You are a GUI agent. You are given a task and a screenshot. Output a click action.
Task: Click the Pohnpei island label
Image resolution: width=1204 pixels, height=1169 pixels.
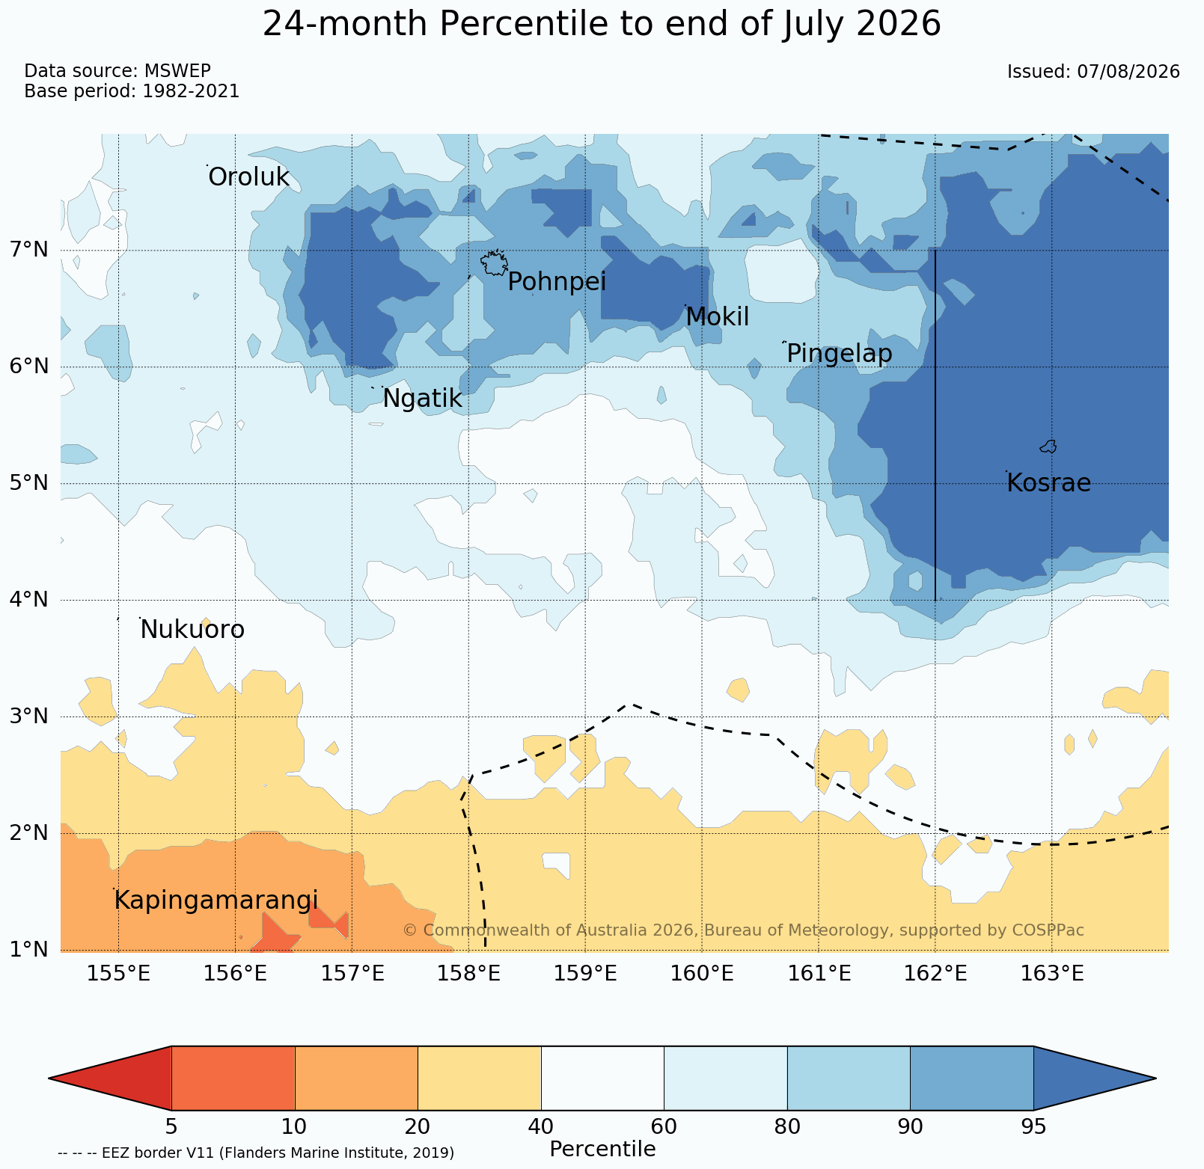coord(557,283)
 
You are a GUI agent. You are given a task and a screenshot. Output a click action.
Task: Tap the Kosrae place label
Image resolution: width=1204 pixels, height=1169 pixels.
coord(1048,483)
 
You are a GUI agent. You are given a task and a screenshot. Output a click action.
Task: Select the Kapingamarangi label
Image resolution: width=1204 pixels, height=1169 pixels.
coord(216,901)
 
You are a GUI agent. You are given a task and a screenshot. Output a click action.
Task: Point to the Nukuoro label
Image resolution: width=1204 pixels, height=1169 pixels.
coord(192,630)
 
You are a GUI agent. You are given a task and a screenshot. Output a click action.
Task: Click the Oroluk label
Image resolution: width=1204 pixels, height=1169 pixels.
coord(248,177)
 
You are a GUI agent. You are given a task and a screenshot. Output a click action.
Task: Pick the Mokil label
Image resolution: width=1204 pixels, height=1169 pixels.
coord(717,317)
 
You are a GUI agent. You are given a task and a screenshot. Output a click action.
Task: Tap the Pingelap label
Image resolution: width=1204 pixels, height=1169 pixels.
coord(840,354)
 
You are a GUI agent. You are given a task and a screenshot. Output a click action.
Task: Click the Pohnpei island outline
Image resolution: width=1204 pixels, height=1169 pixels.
coord(494,263)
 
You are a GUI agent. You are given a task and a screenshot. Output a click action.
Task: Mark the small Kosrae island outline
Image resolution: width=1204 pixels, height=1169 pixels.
coord(1048,447)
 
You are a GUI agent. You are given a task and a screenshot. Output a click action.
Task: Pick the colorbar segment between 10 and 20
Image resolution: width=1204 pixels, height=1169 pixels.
coord(356,1079)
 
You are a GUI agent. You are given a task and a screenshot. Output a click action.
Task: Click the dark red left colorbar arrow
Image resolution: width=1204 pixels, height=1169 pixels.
coord(110,1079)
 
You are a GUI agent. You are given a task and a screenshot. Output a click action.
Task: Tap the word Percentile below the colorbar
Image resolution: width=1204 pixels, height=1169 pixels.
coord(602,1150)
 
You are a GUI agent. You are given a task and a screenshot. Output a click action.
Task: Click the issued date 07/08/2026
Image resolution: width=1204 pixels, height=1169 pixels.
coord(1128,72)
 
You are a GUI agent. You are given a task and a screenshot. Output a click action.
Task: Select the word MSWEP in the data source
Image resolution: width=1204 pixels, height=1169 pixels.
coord(177,71)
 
